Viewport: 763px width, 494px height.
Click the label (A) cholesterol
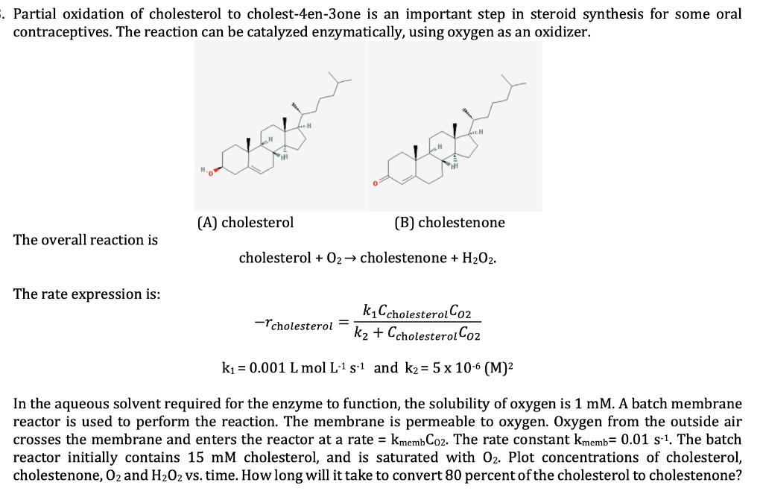(246, 222)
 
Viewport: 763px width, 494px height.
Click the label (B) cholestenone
(449, 222)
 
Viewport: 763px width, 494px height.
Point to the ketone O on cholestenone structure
(376, 183)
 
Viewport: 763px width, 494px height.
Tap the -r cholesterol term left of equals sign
(292, 324)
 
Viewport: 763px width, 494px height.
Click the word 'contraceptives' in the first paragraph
(60, 34)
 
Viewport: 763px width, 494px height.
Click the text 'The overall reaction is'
(86, 240)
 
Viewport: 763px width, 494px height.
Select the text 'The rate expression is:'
(86, 294)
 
